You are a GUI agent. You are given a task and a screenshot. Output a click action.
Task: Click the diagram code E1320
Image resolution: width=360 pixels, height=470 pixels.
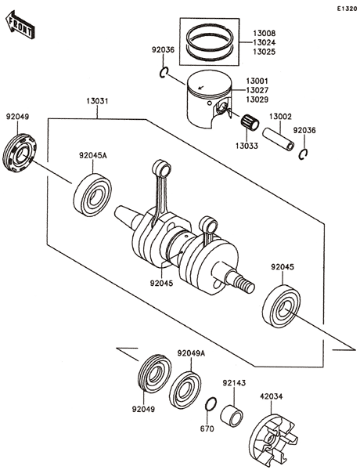pos(347,9)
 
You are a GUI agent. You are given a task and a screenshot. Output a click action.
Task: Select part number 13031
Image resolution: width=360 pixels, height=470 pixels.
pos(97,101)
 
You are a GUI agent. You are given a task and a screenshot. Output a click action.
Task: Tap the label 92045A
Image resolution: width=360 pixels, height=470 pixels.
pos(93,156)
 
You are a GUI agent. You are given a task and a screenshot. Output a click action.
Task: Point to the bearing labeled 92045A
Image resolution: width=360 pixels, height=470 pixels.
pos(92,195)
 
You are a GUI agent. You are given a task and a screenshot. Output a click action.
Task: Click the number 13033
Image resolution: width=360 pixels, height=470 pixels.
pos(247,146)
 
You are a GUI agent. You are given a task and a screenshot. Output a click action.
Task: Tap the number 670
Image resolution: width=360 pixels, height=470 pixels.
pos(207,429)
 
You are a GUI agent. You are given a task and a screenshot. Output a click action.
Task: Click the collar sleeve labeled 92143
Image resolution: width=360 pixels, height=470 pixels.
pos(232,415)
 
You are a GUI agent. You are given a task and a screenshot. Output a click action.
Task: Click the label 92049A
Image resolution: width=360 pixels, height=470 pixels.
pos(191,353)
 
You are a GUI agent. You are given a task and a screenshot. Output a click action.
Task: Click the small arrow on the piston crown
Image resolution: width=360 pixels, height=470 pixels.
pos(201,88)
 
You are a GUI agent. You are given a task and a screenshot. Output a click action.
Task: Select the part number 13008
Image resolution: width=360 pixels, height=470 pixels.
pos(265,33)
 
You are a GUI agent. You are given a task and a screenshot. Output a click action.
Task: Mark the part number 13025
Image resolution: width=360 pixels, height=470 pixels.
pos(265,52)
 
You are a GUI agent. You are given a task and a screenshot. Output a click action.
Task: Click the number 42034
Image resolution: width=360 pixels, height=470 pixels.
pos(272,396)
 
